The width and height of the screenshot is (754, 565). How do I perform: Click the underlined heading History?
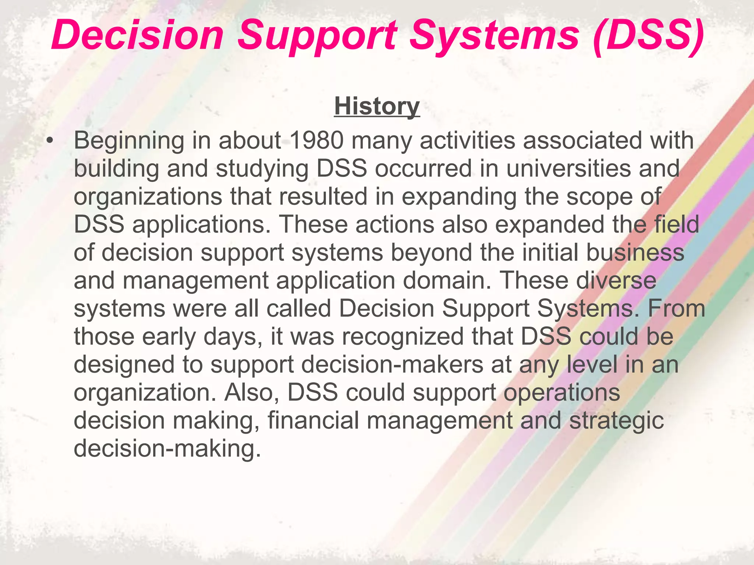tap(377, 107)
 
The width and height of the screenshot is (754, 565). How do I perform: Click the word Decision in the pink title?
tap(137, 36)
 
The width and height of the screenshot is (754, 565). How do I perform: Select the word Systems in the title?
tap(494, 36)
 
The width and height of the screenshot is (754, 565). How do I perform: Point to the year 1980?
tap(316, 141)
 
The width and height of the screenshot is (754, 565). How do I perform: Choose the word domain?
tap(447, 280)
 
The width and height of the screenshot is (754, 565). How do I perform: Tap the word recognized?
tap(403, 337)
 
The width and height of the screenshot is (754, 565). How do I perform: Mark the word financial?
tap(313, 420)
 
